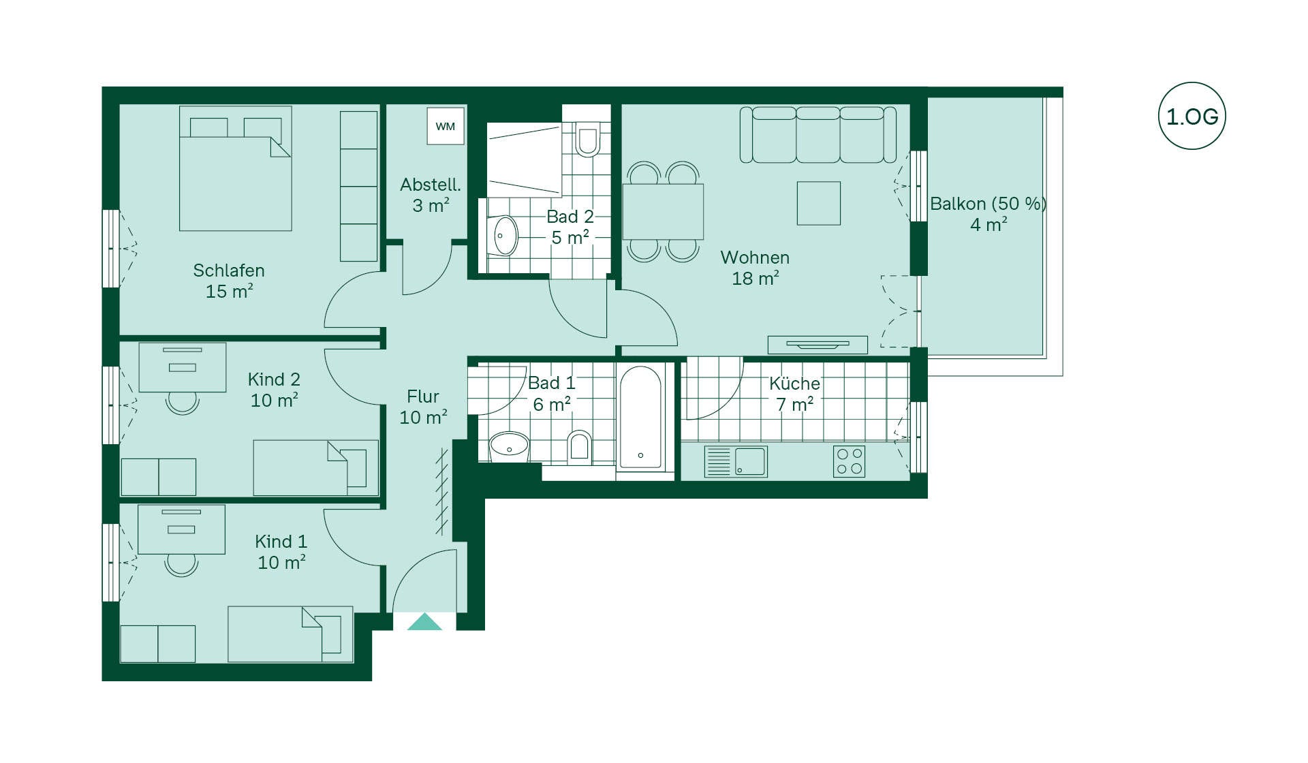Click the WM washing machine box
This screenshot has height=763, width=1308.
(446, 126)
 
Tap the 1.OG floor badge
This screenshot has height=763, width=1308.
(1192, 116)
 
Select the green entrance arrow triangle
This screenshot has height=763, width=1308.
(424, 621)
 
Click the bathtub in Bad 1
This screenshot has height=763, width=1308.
(640, 417)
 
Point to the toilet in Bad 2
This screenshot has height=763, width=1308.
(587, 138)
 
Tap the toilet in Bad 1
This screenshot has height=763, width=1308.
(579, 447)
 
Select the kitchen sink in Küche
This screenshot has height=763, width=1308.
(736, 461)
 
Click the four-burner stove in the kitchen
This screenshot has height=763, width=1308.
(849, 461)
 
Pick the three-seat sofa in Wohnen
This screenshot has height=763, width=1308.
(817, 134)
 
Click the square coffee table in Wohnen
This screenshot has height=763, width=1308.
(819, 203)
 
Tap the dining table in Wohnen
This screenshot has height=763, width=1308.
(662, 211)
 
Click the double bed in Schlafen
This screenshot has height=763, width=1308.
(236, 168)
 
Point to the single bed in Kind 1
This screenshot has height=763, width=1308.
(290, 634)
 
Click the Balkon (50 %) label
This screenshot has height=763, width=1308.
(988, 204)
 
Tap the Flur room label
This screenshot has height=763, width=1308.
(423, 396)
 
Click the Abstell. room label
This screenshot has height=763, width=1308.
(431, 185)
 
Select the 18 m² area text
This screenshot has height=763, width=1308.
(756, 278)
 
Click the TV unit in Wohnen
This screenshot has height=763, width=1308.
(817, 345)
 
